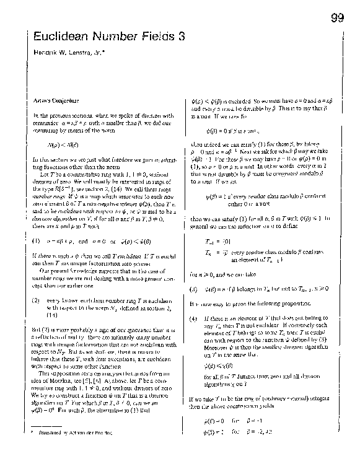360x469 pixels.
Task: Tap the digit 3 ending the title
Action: pos(182,37)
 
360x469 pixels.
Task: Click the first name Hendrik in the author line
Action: pos(46,55)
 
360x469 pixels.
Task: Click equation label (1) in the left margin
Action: pos(36,240)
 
